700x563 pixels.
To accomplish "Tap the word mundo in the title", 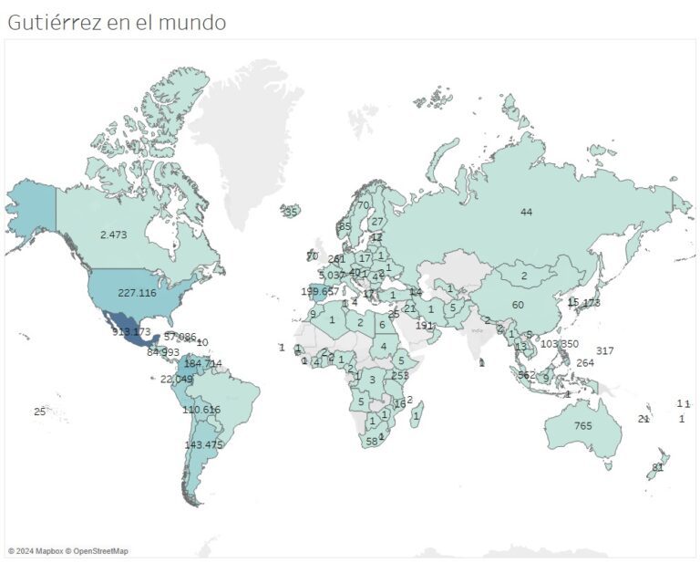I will click(192, 22).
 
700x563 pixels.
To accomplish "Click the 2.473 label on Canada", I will click(113, 235).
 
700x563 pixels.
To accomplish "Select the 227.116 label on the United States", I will click(137, 293).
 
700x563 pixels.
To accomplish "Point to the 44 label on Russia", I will click(526, 212).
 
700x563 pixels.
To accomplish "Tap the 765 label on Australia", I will click(583, 426).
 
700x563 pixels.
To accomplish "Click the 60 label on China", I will click(518, 305).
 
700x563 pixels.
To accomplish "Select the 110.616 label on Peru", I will click(201, 410).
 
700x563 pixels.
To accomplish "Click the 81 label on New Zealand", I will click(657, 467).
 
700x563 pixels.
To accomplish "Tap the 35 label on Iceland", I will click(291, 212).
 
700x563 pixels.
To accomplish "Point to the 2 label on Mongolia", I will click(524, 276).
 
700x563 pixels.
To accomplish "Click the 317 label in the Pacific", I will click(605, 351).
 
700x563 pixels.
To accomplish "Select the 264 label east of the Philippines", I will click(585, 362).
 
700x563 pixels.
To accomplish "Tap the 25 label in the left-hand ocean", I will click(39, 412).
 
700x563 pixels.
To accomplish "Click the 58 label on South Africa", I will click(372, 441).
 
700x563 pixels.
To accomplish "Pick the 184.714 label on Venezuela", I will click(203, 363).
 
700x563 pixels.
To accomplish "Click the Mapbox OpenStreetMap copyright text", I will click(68, 551).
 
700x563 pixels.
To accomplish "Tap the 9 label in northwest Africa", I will click(313, 314).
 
